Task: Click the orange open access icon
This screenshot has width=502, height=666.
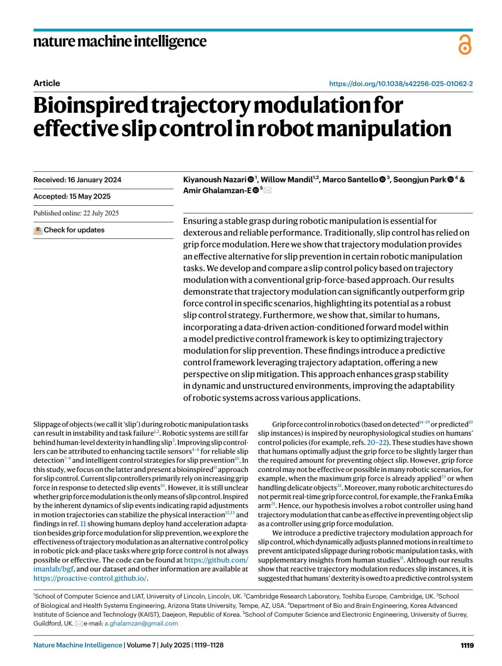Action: tap(465, 45)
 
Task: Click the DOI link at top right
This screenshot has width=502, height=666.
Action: tap(401, 84)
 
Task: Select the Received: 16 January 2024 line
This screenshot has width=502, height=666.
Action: tap(77, 180)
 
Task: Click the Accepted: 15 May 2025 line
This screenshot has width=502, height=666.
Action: tap(72, 196)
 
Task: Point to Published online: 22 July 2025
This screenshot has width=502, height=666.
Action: tap(76, 213)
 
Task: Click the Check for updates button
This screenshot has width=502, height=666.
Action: tap(69, 230)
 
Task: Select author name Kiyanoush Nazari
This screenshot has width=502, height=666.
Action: tap(215, 180)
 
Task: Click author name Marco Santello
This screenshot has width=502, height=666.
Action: tap(350, 180)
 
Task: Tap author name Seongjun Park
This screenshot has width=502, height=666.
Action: tap(420, 180)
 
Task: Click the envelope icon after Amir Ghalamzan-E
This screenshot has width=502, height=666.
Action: tap(267, 191)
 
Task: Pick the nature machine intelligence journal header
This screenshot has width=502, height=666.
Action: tap(120, 41)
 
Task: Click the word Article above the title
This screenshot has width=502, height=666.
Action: tap(46, 83)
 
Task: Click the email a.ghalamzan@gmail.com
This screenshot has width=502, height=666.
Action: tap(141, 623)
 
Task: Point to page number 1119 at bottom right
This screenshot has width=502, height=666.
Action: tap(467, 645)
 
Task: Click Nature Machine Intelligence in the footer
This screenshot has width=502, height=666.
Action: tap(78, 645)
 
